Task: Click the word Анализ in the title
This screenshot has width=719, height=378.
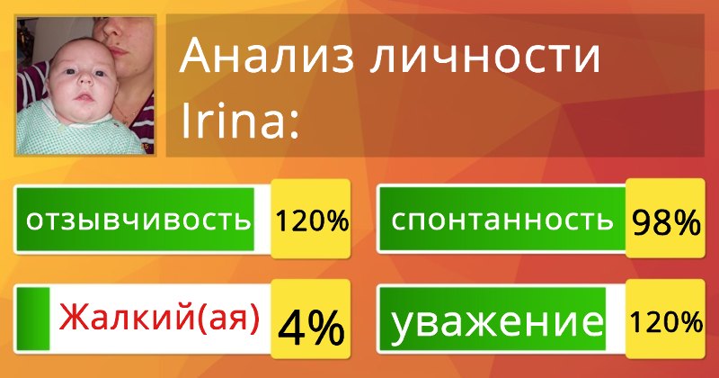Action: coord(267,56)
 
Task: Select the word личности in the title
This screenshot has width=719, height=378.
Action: coord(485,57)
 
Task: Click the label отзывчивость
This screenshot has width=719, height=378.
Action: coord(138,220)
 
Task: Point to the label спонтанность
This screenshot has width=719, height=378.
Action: coord(502,220)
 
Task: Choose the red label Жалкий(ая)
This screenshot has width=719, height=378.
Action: coord(160,318)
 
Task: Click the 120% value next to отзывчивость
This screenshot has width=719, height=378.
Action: coord(312,220)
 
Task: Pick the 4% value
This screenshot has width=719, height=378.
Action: coord(311,328)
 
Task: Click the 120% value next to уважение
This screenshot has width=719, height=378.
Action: coord(666,321)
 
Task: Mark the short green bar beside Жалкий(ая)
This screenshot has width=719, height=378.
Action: coord(33,319)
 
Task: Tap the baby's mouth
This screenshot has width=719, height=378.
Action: coord(84,97)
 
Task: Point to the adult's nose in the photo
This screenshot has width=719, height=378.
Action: coord(111,29)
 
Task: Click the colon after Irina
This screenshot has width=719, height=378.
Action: coord(294,124)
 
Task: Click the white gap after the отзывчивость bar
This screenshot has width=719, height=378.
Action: coord(262,220)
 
